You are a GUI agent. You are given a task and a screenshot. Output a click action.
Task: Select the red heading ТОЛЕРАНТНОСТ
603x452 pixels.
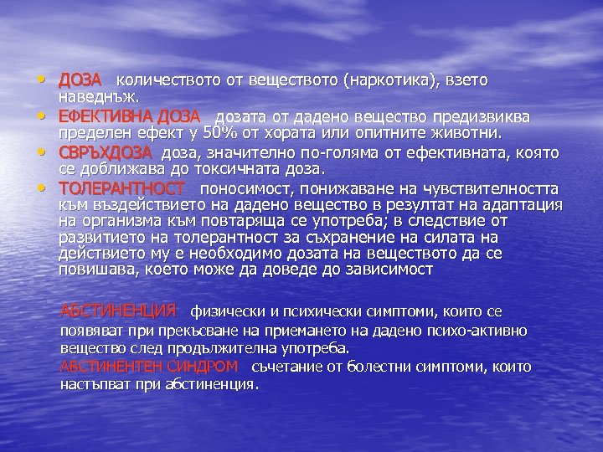point(122,189)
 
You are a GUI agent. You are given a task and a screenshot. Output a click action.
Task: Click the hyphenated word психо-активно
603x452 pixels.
point(481,330)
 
